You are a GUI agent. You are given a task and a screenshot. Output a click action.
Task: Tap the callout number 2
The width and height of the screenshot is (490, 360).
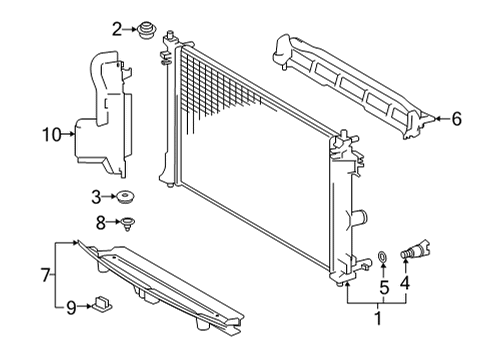[x=117, y=28]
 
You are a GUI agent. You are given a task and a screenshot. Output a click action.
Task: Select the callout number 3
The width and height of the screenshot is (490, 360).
[x=96, y=196]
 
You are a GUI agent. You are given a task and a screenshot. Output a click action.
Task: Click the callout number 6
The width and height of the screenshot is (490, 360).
[x=456, y=120]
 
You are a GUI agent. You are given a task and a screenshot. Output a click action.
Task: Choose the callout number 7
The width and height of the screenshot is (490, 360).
[x=45, y=272]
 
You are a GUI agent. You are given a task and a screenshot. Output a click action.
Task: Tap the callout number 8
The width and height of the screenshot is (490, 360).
[x=100, y=221]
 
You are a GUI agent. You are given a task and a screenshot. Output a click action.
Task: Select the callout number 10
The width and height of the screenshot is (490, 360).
[x=50, y=131]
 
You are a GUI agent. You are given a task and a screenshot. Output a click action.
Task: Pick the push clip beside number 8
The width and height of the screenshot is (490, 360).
[x=129, y=222]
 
